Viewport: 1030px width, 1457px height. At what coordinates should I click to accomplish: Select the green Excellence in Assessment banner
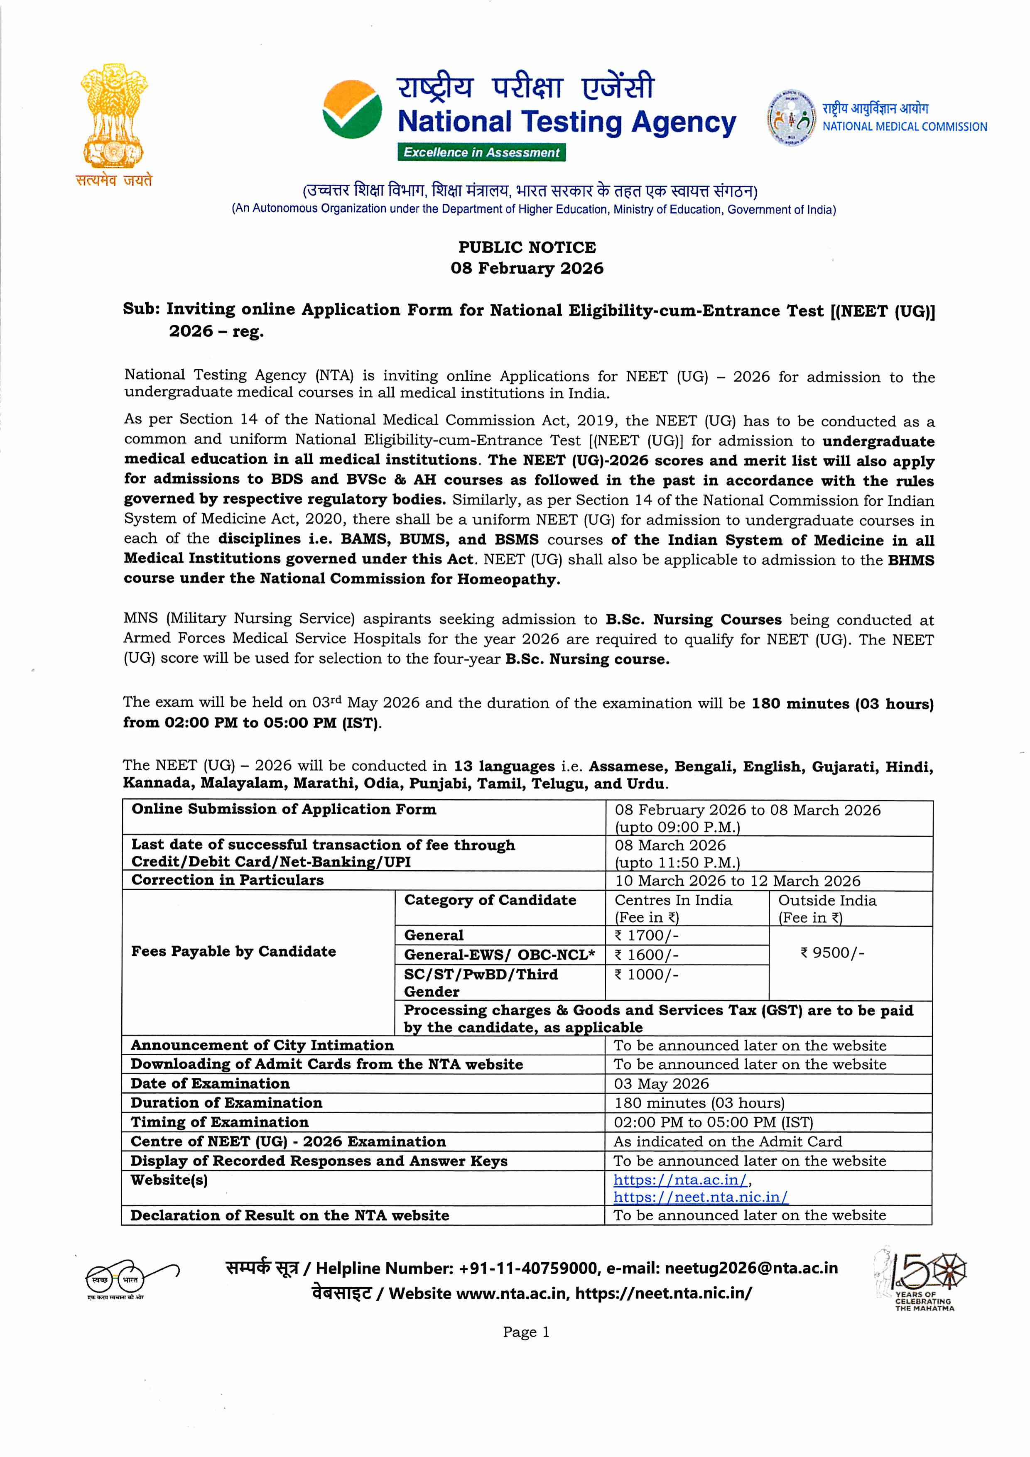tap(481, 152)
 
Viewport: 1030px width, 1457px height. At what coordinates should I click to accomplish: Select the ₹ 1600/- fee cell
tap(646, 955)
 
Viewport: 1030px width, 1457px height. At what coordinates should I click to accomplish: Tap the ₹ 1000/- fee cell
tap(646, 974)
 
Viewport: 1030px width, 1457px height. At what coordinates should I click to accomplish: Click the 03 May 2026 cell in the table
tap(661, 1084)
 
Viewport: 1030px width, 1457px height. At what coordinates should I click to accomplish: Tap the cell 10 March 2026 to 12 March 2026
tap(738, 881)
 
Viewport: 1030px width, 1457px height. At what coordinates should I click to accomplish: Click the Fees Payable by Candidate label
tap(233, 951)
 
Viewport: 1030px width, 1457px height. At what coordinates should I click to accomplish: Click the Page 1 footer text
tap(526, 1332)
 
